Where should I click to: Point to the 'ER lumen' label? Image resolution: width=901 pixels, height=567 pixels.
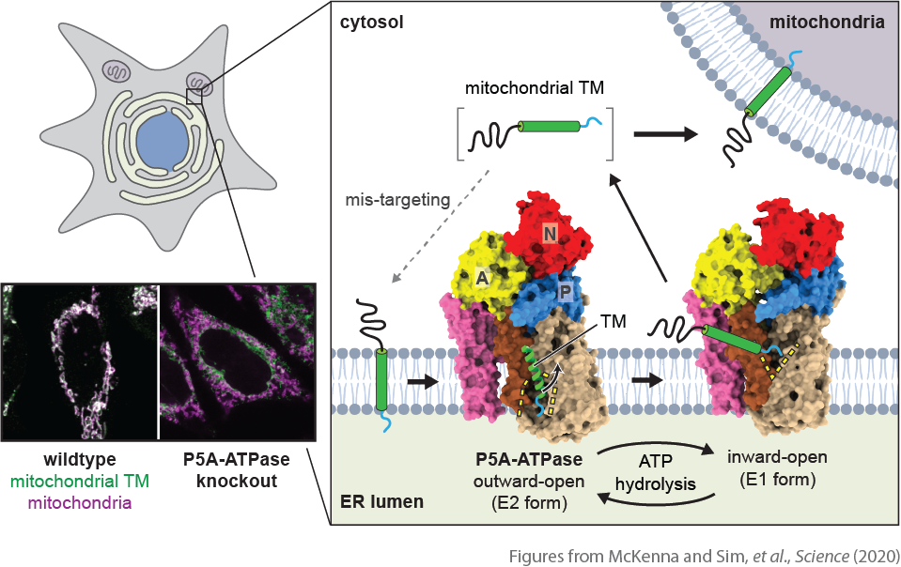pyautogui.click(x=382, y=501)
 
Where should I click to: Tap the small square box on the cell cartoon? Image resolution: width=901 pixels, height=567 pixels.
pyautogui.click(x=194, y=95)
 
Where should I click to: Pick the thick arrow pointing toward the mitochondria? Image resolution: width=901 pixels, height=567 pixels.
pyautogui.click(x=666, y=134)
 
